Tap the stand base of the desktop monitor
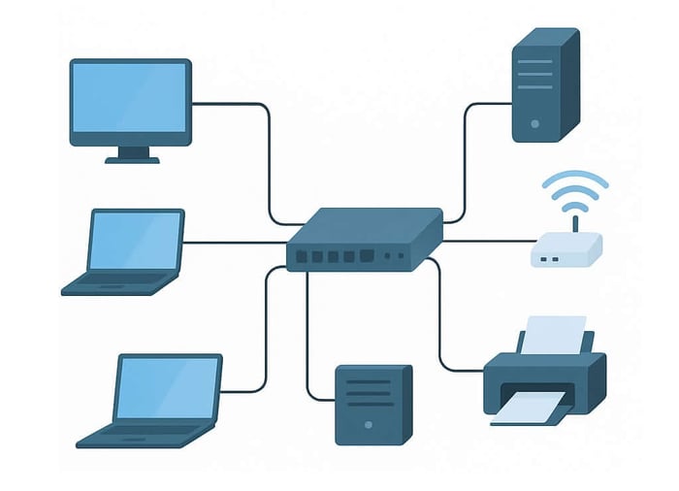pos(132,159)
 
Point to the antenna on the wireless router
pos(575,224)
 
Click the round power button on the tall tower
pos(534,124)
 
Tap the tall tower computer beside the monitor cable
pos(544,84)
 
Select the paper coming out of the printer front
pos(530,411)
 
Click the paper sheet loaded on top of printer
pos(556,335)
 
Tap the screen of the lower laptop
pos(168,387)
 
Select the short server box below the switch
pos(372,404)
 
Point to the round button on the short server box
pos(367,426)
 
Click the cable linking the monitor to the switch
pos(268,155)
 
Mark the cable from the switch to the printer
pos(441,330)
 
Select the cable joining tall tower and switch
pos(466,155)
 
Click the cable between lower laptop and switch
pos(265,330)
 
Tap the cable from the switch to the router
pos(485,241)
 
